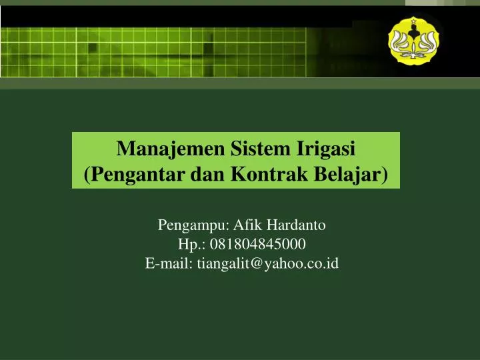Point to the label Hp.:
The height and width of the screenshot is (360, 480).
(193, 244)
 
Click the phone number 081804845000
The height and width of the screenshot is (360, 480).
(258, 244)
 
